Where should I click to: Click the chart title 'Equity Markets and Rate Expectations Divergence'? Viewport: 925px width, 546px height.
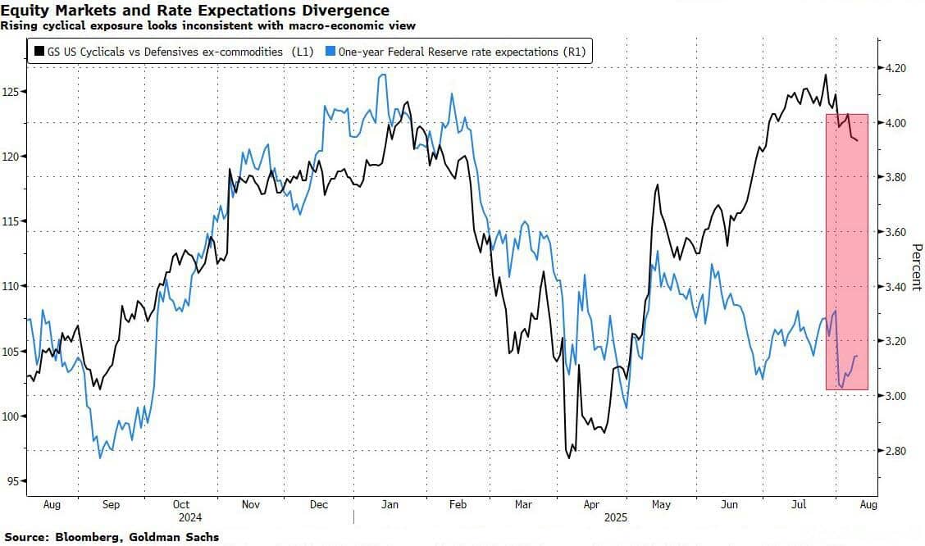pos(195,10)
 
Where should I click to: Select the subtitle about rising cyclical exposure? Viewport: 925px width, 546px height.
pos(207,25)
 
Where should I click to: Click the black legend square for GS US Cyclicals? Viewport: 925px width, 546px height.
pos(39,52)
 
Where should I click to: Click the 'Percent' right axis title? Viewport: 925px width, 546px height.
pos(916,266)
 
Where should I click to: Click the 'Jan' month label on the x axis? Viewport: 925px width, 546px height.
pos(390,505)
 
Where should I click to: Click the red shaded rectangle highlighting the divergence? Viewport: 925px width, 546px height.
pos(846,251)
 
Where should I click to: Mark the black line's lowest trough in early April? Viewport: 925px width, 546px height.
pos(568,457)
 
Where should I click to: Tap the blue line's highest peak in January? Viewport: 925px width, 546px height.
pos(382,75)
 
